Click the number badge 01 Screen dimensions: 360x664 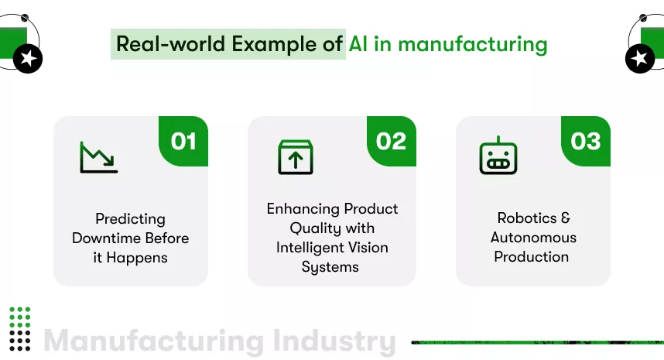click(183, 141)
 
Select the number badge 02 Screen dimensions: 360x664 click(391, 141)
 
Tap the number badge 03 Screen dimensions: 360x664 click(586, 141)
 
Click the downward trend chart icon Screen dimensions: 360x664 click(98, 157)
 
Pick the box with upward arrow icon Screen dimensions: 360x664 click(296, 157)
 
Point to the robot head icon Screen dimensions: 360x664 click(498, 156)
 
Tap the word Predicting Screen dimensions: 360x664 click(130, 219)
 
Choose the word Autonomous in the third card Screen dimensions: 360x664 click(533, 238)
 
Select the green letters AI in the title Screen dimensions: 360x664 click(358, 43)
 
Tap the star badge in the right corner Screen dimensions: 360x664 click(639, 59)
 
